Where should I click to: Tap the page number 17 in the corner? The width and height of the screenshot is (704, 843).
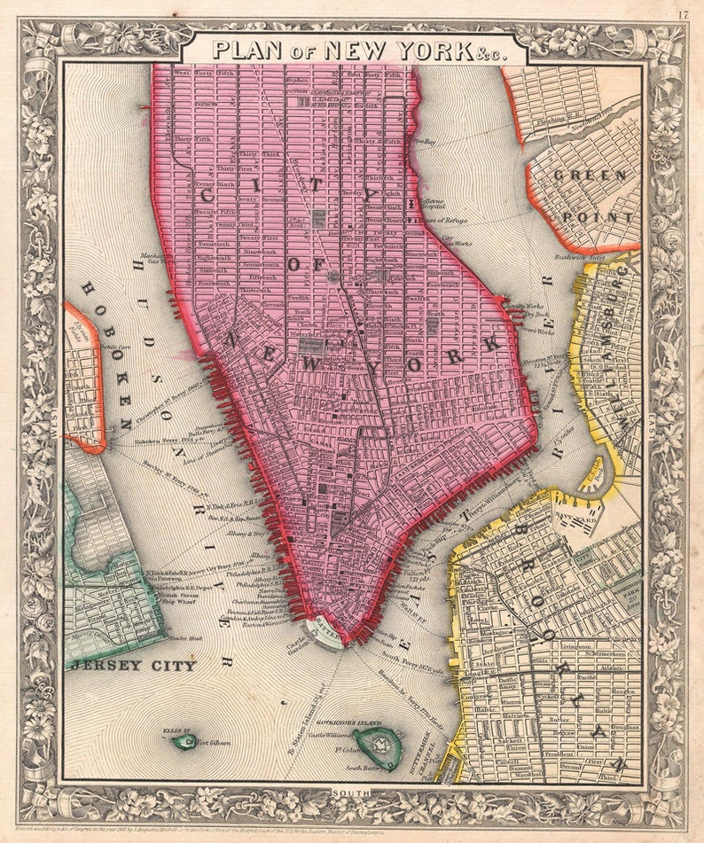(x=683, y=14)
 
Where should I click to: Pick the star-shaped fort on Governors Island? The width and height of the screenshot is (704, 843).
(x=382, y=744)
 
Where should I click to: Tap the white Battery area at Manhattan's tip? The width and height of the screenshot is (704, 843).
(x=325, y=632)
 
